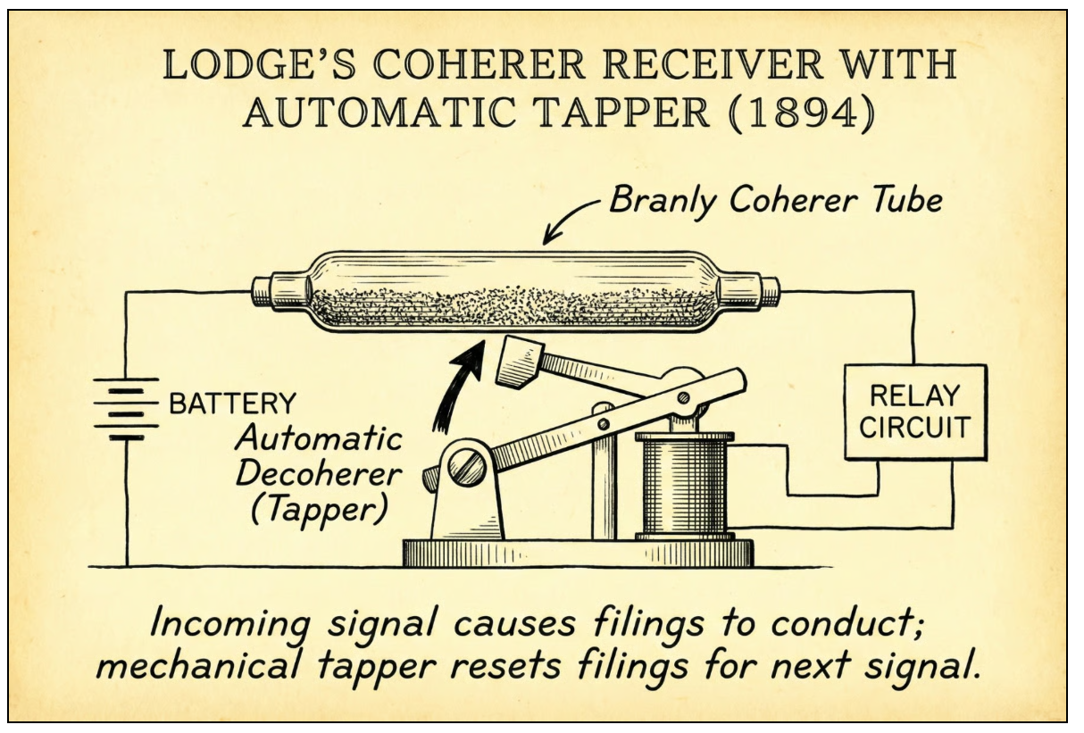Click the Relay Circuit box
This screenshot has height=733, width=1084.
(915, 412)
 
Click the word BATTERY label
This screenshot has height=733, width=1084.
(231, 404)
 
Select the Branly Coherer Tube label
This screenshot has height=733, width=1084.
(775, 202)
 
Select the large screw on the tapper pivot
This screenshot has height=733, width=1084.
(467, 468)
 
